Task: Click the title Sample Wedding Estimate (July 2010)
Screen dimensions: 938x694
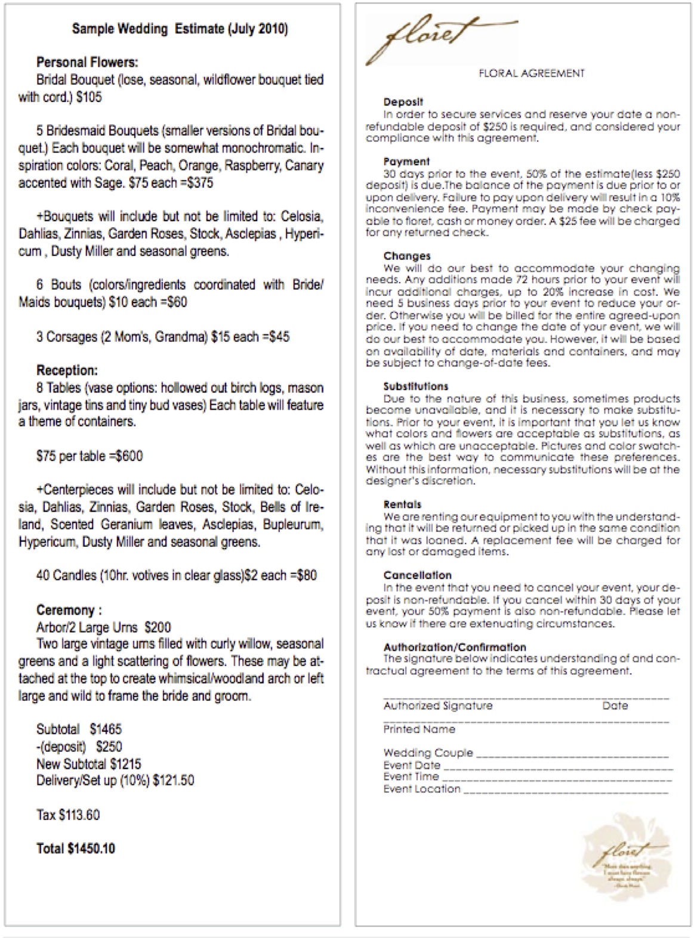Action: (180, 29)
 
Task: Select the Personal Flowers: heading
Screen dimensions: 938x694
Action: (87, 62)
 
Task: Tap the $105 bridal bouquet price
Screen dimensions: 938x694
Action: (89, 97)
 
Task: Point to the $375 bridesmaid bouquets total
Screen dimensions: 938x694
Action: (200, 182)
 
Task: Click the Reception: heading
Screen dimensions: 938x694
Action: (67, 370)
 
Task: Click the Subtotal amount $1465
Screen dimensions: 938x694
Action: (106, 729)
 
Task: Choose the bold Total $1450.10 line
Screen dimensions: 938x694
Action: (76, 849)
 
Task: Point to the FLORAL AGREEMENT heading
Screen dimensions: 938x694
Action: (531, 73)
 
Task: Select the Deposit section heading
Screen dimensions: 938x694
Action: (403, 102)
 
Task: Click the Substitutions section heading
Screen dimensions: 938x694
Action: (415, 386)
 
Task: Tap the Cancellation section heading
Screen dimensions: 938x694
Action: (417, 575)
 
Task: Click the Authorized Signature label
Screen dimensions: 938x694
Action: (437, 706)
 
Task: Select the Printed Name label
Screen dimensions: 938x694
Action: (419, 729)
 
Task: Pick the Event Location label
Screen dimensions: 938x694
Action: (422, 789)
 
